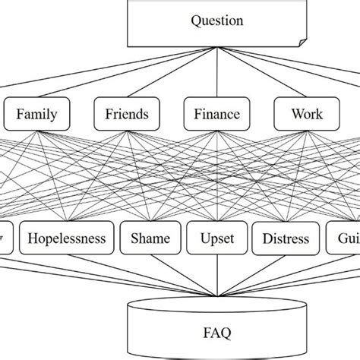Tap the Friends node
point(127,115)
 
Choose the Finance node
point(216,115)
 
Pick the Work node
point(306,115)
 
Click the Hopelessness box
point(67,238)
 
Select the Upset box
point(216,238)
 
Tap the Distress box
point(286,238)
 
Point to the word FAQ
point(217,332)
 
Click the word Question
point(217,21)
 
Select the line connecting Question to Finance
point(216,76)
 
